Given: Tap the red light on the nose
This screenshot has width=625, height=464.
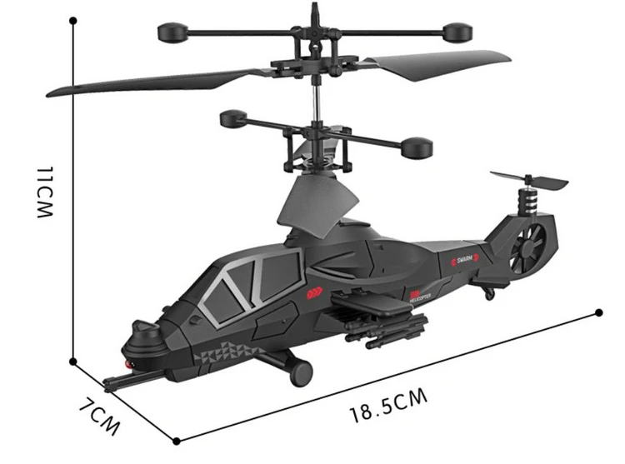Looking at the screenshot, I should [126, 365].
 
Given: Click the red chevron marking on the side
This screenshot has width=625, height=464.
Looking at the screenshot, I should [315, 292].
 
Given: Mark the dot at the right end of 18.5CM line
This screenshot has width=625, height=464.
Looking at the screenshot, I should [599, 312].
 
